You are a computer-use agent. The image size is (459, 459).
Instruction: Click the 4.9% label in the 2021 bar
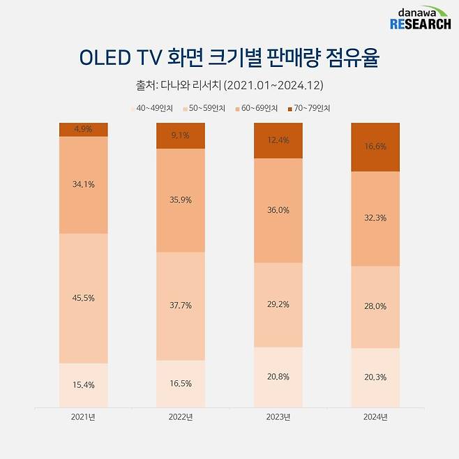[x=83, y=129]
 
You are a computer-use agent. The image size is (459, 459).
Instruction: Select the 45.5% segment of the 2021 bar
[x=83, y=298]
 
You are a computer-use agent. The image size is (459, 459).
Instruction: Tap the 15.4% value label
[x=83, y=384]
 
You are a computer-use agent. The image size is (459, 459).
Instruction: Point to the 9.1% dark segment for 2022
[x=181, y=136]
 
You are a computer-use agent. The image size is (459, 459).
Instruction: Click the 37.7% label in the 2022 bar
[x=181, y=305]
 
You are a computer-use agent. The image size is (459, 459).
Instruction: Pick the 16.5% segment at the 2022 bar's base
[x=181, y=383]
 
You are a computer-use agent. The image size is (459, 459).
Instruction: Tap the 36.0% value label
[x=278, y=210]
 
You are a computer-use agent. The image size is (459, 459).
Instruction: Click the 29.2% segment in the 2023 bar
[x=278, y=305]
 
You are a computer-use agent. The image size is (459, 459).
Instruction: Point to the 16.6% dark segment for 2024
[x=375, y=147]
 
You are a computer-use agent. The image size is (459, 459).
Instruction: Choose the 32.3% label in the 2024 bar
[x=375, y=218]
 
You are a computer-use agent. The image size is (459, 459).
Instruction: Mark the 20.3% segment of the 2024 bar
[x=375, y=377]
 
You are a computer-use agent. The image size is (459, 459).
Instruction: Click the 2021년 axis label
[x=83, y=416]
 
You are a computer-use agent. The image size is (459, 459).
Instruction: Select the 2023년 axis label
[x=278, y=416]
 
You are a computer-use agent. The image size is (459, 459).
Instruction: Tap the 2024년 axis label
[x=375, y=416]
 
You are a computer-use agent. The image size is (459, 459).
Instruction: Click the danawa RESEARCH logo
[x=419, y=19]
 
